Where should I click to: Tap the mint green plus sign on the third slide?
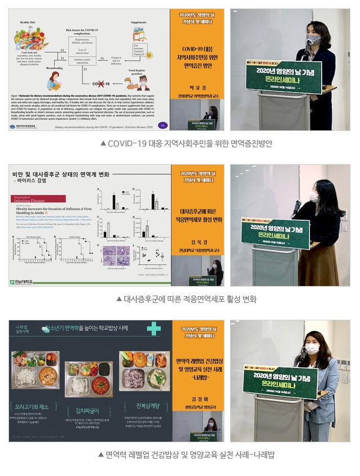click(x=154, y=329)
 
